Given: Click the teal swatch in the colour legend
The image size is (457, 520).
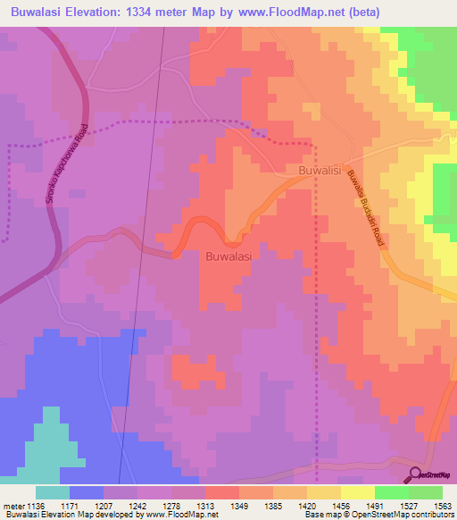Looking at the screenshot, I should point(53,492).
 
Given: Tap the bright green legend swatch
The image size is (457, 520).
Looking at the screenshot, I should point(392,492).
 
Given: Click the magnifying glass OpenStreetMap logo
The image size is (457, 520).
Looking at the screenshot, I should point(415,474).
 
